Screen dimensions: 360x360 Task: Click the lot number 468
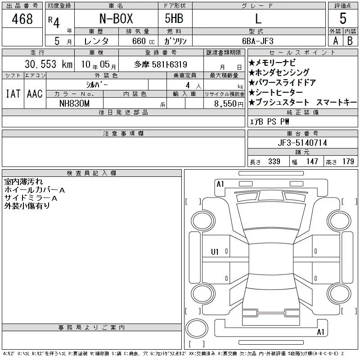tap(22, 19)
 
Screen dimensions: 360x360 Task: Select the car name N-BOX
tap(116, 18)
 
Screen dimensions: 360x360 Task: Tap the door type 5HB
tap(174, 18)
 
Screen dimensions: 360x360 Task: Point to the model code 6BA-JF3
tap(258, 41)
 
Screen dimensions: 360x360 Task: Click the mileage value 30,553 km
tap(49, 64)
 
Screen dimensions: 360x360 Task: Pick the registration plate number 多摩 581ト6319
tap(161, 64)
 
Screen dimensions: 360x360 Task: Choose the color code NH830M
tap(74, 103)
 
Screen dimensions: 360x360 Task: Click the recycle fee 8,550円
tap(229, 104)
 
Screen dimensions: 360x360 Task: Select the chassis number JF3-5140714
tap(302, 143)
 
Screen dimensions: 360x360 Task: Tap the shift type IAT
tap(13, 94)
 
